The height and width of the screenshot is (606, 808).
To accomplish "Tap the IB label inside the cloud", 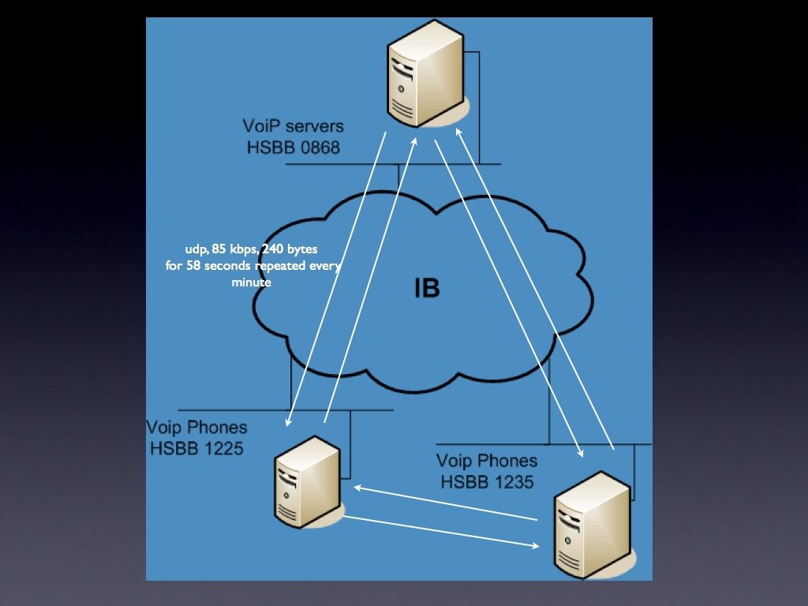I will [427, 289].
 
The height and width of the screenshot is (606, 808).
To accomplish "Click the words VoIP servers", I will [293, 126].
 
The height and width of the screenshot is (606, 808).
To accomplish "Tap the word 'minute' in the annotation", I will [251, 282].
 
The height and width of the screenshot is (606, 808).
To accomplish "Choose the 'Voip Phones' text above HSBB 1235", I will [487, 461].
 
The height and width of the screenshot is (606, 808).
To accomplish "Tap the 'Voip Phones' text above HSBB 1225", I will [196, 428].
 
